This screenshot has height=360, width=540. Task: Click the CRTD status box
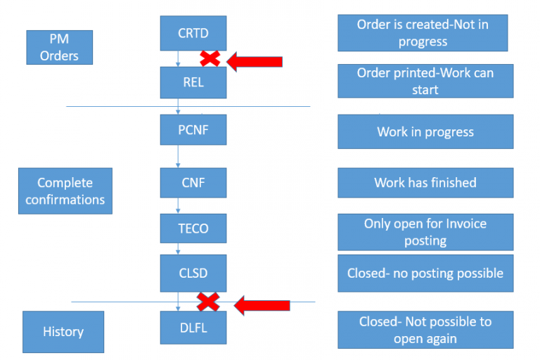193,33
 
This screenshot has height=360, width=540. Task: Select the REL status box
193,82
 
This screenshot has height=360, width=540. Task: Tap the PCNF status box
193,131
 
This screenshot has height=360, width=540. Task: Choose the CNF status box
193,183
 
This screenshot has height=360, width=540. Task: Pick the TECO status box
193,229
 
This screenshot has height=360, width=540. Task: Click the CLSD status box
193,273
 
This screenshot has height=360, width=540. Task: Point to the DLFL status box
193,328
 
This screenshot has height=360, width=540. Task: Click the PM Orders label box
59,47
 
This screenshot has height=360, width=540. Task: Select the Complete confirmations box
65,191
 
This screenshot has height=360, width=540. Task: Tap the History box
63,332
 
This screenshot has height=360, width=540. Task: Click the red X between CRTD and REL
210,59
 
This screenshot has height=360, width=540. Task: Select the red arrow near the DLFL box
262,304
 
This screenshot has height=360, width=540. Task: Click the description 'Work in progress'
425,131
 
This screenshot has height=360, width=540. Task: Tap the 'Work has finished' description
425,183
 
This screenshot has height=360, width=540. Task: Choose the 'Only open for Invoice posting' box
425,232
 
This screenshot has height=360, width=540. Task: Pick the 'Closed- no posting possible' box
425,273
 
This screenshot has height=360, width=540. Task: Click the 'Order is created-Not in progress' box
423,33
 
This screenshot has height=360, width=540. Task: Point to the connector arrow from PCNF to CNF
179,158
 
